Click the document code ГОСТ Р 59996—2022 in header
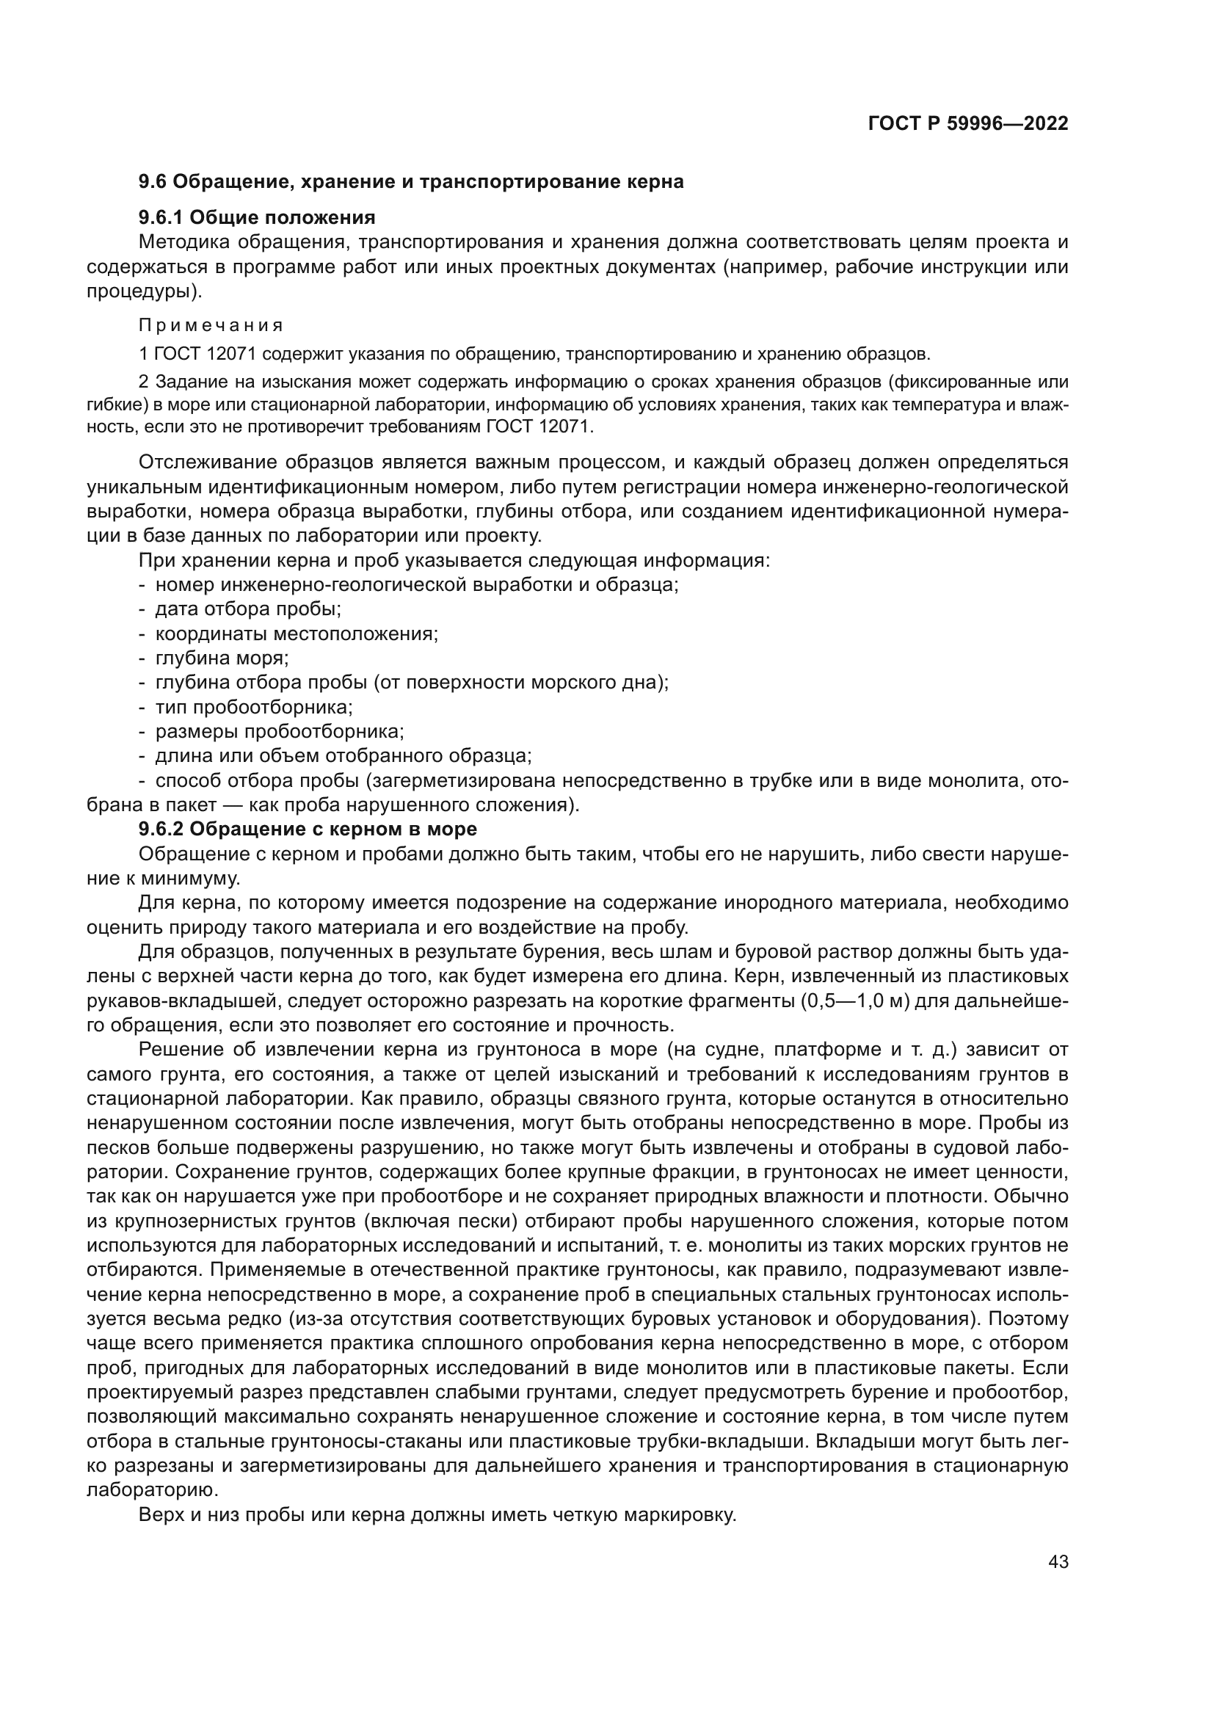pyautogui.click(x=968, y=124)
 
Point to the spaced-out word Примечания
pyautogui.click(x=211, y=325)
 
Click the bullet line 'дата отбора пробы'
pyautogui.click(x=247, y=609)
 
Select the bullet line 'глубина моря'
pyautogui.click(x=221, y=658)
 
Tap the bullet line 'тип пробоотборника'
pyautogui.click(x=253, y=707)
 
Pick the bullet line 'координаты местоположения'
pyautogui.click(x=296, y=634)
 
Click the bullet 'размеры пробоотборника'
pyautogui.click(x=279, y=731)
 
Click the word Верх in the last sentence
pyautogui.click(x=159, y=1515)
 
